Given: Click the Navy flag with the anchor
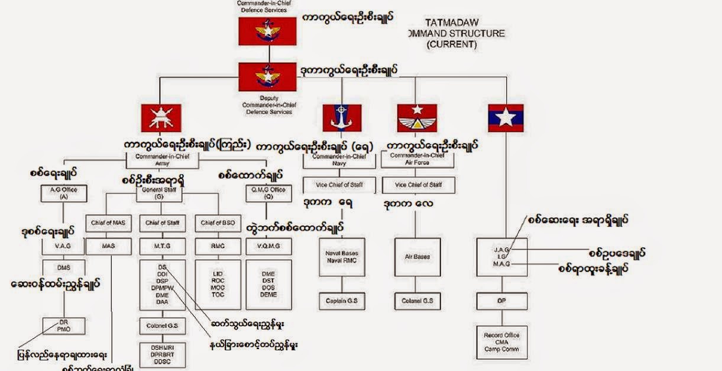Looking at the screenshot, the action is [342, 118].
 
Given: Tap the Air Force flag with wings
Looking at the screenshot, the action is [417, 118].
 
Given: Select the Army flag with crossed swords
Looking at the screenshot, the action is [161, 118].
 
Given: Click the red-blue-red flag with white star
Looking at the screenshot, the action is [506, 118].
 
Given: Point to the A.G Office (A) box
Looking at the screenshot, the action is [63, 192].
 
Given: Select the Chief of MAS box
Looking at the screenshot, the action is [108, 223].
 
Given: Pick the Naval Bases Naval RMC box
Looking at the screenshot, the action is [342, 257].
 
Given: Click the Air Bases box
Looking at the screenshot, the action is [417, 257].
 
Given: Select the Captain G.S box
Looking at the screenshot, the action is [342, 301].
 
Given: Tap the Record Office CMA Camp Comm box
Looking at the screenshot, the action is [501, 342].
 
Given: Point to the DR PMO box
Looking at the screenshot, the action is [64, 325].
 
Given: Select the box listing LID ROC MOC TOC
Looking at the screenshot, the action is [218, 284].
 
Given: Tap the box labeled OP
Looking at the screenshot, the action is [501, 301].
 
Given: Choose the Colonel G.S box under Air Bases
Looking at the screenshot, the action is [417, 301].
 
